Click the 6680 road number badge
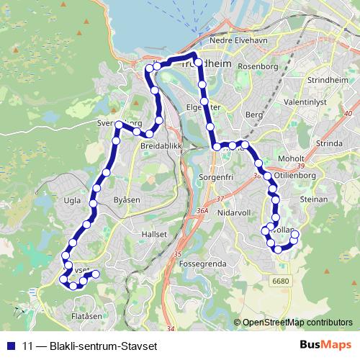coord(280,280)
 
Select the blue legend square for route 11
coord(11,344)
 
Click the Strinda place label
coord(329,143)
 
